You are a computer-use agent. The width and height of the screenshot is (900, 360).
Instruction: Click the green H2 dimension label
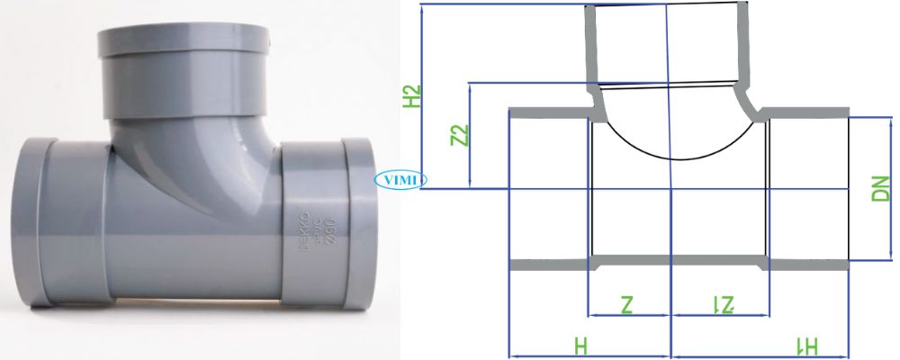[x=412, y=97]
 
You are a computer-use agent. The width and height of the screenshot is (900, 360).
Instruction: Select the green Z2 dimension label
[x=460, y=135]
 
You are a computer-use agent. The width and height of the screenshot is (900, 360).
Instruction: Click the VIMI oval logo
[x=400, y=179]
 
